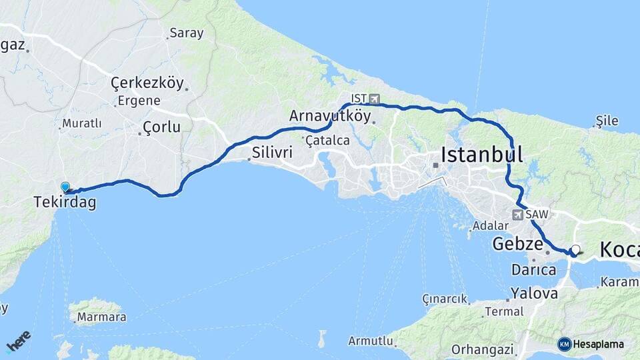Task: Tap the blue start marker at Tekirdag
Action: pyautogui.click(x=65, y=187)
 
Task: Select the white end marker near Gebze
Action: pyautogui.click(x=576, y=250)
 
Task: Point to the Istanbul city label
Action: pyautogui.click(x=481, y=155)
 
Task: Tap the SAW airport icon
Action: pyautogui.click(x=518, y=215)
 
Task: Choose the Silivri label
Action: pyautogui.click(x=272, y=153)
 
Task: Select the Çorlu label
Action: pyautogui.click(x=161, y=127)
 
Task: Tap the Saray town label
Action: pyautogui.click(x=186, y=32)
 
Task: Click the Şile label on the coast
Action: pyautogui.click(x=607, y=121)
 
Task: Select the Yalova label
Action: pyautogui.click(x=534, y=293)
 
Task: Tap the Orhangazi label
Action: pyautogui.click(x=482, y=349)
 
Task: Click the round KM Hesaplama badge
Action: pyautogui.click(x=565, y=344)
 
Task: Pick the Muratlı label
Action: pyautogui.click(x=81, y=123)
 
